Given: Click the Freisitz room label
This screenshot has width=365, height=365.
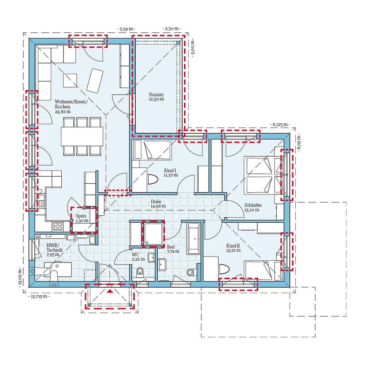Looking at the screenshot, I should tap(156, 93).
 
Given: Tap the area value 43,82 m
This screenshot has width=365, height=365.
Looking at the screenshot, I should tap(62, 112).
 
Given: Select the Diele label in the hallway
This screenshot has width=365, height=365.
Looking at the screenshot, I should tap(156, 201).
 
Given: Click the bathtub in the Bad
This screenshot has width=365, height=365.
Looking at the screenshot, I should tap(193, 238).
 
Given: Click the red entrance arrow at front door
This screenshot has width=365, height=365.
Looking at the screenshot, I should tap(110, 291).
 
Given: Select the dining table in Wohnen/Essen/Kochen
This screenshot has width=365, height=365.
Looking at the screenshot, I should tap(82, 136).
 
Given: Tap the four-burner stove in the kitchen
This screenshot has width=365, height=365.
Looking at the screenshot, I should tap(58, 226).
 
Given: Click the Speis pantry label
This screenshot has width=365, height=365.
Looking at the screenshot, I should tap(81, 216).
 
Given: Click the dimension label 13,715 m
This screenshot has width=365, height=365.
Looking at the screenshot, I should tap(38, 296).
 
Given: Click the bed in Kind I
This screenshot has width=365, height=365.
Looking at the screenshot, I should tap(152, 150).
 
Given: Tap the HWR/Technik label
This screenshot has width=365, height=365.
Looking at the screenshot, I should tap(54, 248).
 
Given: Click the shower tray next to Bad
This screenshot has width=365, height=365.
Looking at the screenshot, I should tap(153, 234).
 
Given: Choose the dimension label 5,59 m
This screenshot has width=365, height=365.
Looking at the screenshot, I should tap(126, 28).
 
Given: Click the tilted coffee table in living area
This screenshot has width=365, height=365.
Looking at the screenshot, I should tap(95, 80).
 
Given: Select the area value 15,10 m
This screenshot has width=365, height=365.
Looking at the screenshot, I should tap(252, 210).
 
